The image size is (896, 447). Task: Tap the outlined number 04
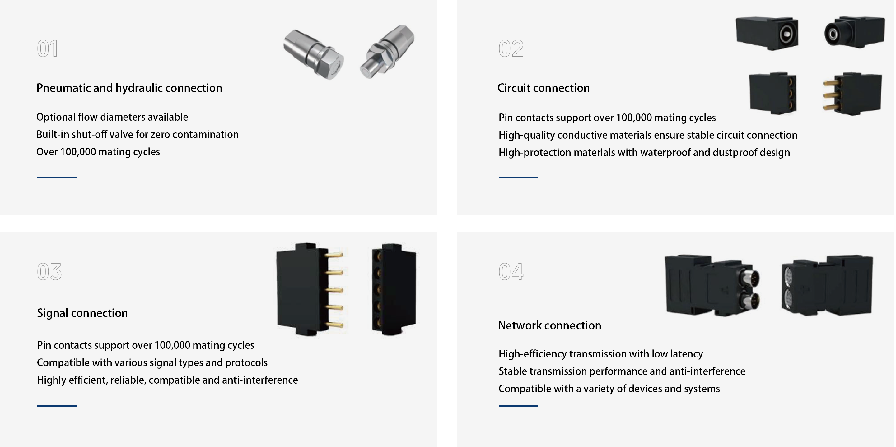point(511,271)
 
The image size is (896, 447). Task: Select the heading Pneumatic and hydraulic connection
point(129,88)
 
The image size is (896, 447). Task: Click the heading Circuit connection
point(543,88)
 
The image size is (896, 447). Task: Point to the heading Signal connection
point(82,313)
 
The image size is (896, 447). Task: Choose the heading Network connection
point(549,325)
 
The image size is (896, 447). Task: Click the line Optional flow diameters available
point(112,117)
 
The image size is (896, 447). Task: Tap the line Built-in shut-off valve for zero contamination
point(138,135)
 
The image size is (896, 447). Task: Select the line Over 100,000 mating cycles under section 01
point(98,152)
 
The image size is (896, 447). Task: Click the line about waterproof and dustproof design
point(644,153)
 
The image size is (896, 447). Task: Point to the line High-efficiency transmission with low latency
point(601,354)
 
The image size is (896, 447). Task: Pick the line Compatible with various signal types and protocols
point(152,362)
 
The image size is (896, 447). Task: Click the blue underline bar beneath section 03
point(57,405)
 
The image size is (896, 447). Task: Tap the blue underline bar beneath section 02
point(518,177)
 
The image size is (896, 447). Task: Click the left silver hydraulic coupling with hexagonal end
point(313,53)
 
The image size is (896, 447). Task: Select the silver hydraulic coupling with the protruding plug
point(387,51)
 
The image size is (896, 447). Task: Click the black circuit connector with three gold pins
point(852,94)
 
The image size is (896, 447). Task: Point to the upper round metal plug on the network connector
point(749,279)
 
